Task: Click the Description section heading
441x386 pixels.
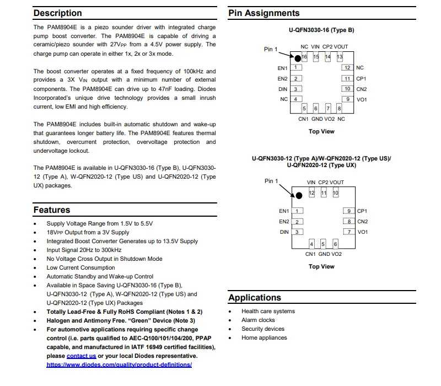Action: (x=57, y=13)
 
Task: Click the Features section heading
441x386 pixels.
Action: (x=52, y=210)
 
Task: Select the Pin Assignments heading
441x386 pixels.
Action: (x=264, y=13)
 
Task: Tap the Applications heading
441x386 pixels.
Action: (x=255, y=297)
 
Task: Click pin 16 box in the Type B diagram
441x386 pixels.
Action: (x=304, y=57)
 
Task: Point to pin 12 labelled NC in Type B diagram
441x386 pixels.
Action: (x=347, y=68)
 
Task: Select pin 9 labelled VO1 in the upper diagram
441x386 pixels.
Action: (x=347, y=99)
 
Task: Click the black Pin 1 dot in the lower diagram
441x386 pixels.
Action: (x=299, y=195)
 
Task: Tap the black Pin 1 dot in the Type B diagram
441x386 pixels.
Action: (x=297, y=58)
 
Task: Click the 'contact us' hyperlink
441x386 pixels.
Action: (x=81, y=356)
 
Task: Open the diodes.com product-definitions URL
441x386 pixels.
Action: (x=119, y=364)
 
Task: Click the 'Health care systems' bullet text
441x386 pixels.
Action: (x=268, y=311)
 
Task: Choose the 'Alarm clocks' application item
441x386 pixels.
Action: (x=258, y=320)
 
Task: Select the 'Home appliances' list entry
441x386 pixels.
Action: (x=264, y=337)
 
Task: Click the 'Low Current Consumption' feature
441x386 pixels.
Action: (x=80, y=267)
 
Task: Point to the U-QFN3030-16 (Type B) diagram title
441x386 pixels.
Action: (x=321, y=30)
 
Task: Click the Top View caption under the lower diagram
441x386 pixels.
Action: (x=321, y=266)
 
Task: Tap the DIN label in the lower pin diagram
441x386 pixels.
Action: (x=284, y=232)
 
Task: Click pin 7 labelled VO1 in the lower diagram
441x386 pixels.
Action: (x=349, y=232)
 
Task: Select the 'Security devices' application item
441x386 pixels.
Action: (x=263, y=329)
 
